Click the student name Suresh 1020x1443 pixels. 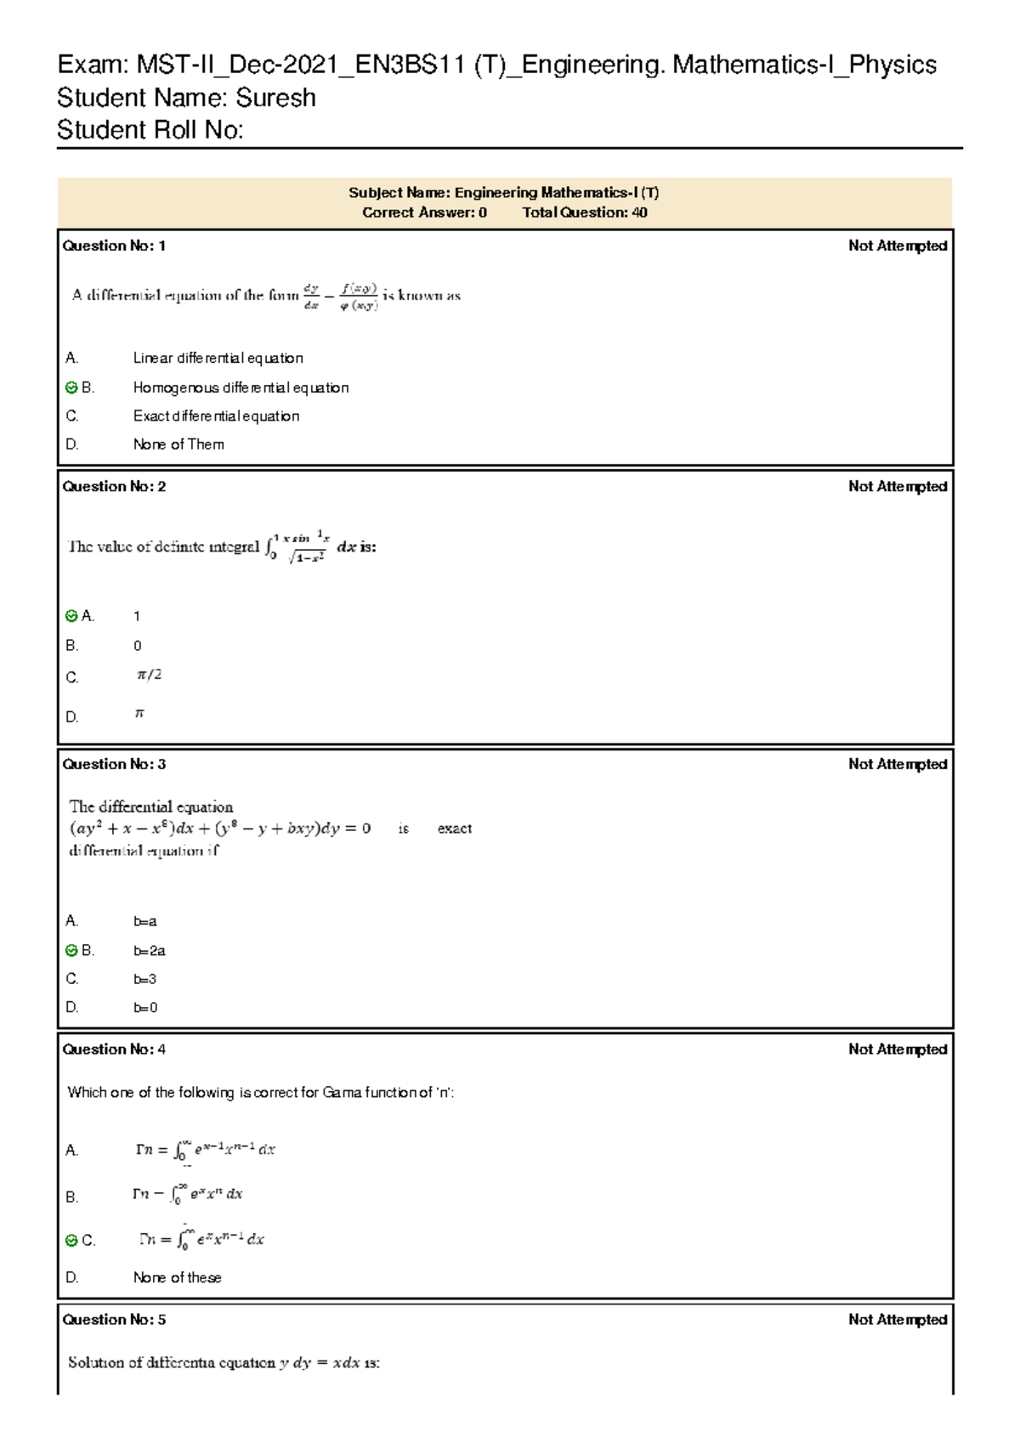tap(275, 98)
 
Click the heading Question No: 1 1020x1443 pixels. tap(114, 246)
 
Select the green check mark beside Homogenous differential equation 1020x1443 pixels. tap(71, 388)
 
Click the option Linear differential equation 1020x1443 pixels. tap(218, 359)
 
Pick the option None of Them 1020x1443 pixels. tap(178, 444)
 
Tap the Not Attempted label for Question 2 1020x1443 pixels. tap(897, 486)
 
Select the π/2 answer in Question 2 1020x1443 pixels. tap(149, 675)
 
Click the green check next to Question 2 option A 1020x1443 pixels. tap(71, 616)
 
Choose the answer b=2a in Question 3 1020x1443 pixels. tap(150, 951)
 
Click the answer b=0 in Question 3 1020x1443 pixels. tap(145, 1008)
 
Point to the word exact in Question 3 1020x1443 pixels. tap(454, 829)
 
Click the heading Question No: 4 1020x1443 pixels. tap(114, 1050)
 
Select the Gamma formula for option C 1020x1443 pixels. tap(202, 1240)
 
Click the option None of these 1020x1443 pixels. tap(177, 1278)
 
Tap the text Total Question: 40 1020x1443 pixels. tap(584, 212)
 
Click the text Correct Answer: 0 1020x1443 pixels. tap(424, 212)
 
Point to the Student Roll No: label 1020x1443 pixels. tap(150, 130)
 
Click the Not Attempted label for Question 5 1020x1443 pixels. tap(897, 1320)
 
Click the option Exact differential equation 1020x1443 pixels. tap(216, 416)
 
